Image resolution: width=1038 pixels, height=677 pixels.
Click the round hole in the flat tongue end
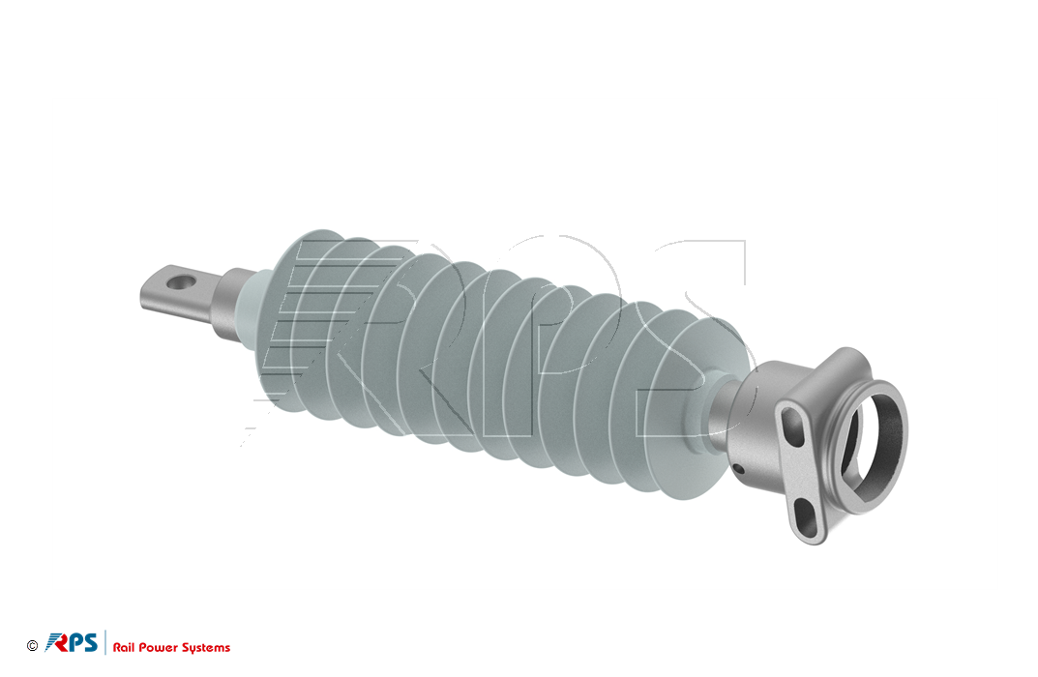click(181, 282)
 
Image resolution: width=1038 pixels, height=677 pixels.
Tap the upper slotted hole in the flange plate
click(792, 427)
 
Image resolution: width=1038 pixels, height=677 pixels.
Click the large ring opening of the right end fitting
click(873, 443)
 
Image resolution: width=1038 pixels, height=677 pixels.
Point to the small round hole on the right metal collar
click(739, 469)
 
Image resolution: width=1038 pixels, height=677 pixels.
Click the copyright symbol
click(33, 646)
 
